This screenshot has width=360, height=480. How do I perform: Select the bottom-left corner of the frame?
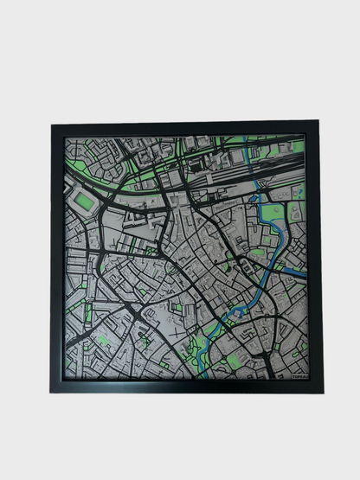click(x=51, y=392)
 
